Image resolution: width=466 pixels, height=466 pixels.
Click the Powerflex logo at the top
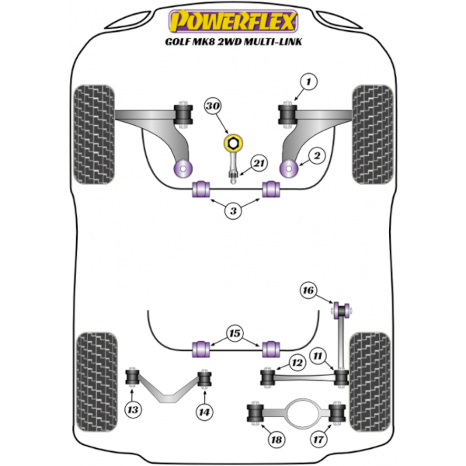coord(233,21)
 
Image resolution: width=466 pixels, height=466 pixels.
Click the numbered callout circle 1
coord(308,82)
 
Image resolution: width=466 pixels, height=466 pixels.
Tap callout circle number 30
coord(213,106)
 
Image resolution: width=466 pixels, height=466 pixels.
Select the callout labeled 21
coord(259,163)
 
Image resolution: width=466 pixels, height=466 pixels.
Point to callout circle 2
coord(317,155)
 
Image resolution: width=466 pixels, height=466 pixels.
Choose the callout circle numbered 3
coord(233,210)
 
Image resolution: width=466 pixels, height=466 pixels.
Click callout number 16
coord(308,290)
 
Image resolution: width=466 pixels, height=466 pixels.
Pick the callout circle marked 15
coord(235,333)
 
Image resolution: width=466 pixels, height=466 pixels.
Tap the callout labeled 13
coord(133,410)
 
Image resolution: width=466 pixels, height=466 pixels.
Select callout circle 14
coord(204,412)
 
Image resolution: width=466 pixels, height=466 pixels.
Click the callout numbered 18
coord(276,440)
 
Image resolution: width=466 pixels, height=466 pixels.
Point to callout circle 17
coord(318,439)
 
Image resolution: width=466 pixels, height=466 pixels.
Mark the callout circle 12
coord(297,362)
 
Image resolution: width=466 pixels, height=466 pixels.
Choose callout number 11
coord(318,356)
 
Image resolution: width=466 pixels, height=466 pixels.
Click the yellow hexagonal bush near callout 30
coord(233,143)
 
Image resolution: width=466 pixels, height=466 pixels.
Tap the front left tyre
coord(94,134)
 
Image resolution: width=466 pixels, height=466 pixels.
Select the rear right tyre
coord(370,382)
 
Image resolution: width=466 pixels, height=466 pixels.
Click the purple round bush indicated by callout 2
coord(290,169)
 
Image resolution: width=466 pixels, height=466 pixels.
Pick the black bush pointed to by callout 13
coord(133,377)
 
